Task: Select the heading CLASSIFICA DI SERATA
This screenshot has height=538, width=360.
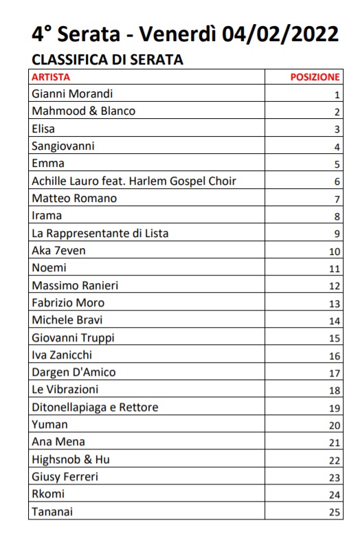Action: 108,60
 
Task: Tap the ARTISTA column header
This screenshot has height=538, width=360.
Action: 51,77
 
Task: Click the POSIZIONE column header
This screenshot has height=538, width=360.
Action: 315,77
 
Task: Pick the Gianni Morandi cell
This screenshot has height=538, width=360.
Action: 72,94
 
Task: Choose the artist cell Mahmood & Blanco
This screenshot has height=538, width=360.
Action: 84,111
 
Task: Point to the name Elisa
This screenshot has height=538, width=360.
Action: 43,128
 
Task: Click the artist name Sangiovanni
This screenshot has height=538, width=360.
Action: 63,146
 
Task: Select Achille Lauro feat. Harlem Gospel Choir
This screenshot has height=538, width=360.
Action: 134,181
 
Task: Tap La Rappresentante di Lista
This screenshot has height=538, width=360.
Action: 100,234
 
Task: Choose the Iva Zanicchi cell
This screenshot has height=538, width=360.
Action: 62,355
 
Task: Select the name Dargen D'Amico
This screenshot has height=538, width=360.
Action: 74,372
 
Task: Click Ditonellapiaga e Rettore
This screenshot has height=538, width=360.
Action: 95,407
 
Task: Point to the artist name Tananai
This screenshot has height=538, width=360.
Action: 52,512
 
